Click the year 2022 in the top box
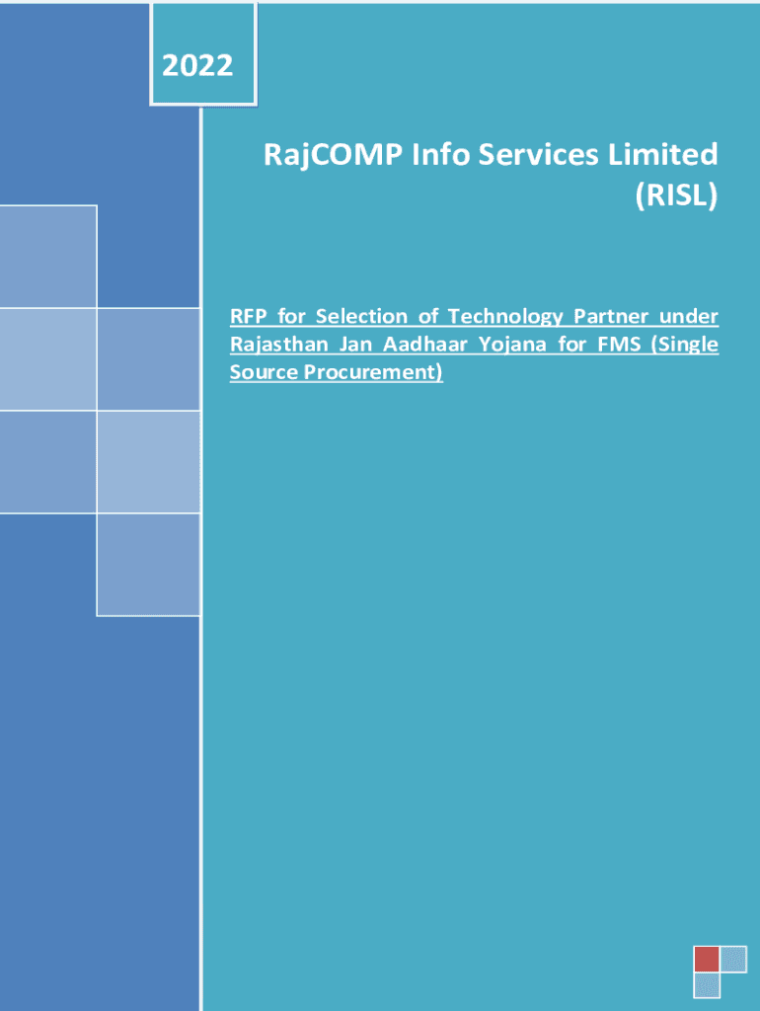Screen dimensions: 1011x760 [197, 66]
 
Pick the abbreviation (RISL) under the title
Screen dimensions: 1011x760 [675, 195]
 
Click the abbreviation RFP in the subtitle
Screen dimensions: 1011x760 [248, 317]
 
